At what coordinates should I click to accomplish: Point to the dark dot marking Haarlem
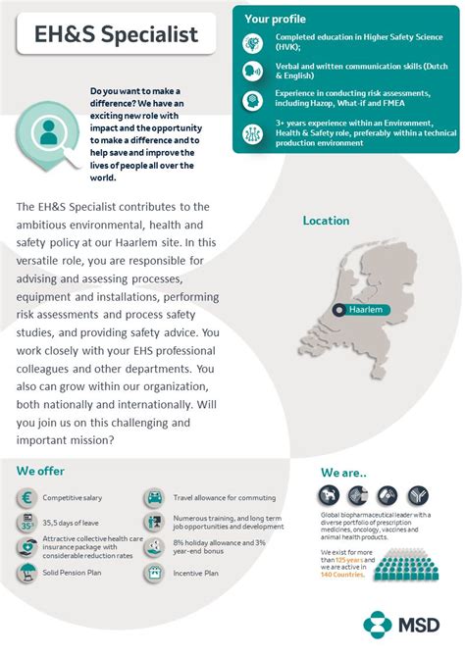(x=338, y=310)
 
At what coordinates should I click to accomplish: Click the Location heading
(x=326, y=221)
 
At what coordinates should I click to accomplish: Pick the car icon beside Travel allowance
(x=154, y=498)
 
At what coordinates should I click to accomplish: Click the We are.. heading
(x=343, y=472)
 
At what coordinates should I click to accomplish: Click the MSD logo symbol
(x=378, y=624)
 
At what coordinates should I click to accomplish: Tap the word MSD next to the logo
(x=418, y=625)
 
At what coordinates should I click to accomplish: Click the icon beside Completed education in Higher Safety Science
(x=252, y=43)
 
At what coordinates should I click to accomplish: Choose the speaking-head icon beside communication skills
(x=252, y=71)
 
